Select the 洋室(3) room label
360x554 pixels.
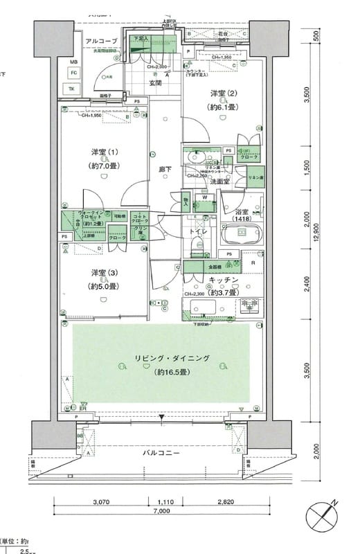99,272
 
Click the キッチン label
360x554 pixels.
225,279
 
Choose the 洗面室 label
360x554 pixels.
220,181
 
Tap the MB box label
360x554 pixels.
72,61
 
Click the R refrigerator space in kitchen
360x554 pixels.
253,262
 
